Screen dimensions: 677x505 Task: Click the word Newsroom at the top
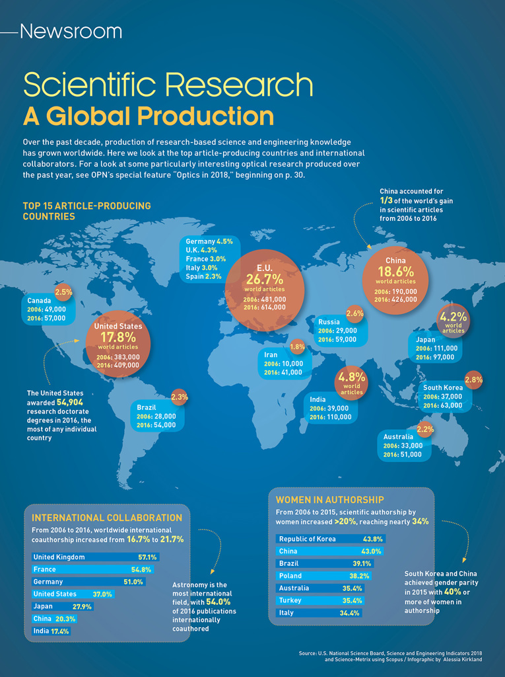coord(71,31)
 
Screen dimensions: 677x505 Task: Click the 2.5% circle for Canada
coord(63,292)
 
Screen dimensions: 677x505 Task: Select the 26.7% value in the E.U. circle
coord(264,279)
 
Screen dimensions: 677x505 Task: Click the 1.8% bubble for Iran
coord(297,346)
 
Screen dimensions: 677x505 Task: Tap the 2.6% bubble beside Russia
coord(354,313)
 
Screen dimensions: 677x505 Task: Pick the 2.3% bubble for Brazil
coord(180,397)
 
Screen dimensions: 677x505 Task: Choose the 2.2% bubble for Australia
coord(425,429)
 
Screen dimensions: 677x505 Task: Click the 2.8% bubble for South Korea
coord(473,379)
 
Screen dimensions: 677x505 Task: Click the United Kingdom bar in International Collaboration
coord(95,557)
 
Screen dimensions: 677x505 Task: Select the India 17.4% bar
coord(51,631)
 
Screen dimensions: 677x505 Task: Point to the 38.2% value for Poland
coord(358,576)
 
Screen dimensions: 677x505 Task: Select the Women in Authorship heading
coord(329,499)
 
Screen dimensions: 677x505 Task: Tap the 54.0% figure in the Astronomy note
coord(219,602)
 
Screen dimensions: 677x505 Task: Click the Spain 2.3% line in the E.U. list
coord(204,276)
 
